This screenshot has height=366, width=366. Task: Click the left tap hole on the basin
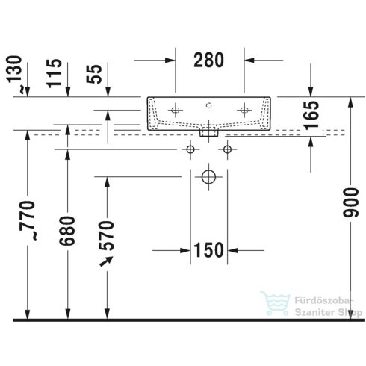(176, 110)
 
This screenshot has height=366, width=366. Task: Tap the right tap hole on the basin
(243, 110)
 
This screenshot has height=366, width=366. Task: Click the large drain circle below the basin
(208, 178)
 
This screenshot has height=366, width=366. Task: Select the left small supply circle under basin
(190, 151)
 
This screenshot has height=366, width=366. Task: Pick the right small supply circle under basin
(226, 151)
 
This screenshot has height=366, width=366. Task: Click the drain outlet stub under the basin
(209, 132)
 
